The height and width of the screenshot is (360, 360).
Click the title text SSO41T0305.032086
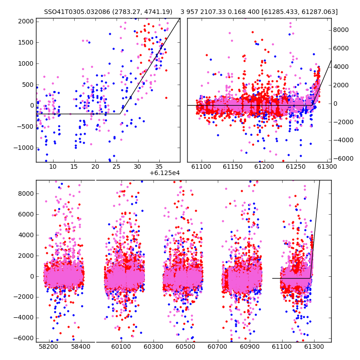(77, 12)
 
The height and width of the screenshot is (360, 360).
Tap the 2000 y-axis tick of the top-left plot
(26, 21)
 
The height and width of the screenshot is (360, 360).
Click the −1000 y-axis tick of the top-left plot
(24, 148)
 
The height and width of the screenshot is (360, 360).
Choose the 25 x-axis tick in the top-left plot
(116, 166)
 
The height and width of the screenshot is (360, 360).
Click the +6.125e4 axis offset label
(164, 173)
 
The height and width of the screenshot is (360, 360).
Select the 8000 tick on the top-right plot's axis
(341, 30)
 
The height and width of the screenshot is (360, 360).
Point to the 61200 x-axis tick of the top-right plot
(264, 166)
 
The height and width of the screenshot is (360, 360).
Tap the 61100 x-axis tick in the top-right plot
(201, 166)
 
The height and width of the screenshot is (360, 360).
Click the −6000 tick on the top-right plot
(343, 159)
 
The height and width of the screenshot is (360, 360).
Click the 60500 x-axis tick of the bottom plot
(185, 346)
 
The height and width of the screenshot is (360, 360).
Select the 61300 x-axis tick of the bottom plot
(314, 346)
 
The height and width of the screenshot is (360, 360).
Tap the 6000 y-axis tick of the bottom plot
(26, 215)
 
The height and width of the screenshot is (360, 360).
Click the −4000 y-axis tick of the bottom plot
(24, 318)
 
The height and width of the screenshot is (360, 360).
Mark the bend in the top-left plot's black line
(120, 114)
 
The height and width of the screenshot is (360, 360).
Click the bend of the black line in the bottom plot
(310, 278)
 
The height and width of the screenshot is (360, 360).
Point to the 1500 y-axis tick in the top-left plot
(26, 42)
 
